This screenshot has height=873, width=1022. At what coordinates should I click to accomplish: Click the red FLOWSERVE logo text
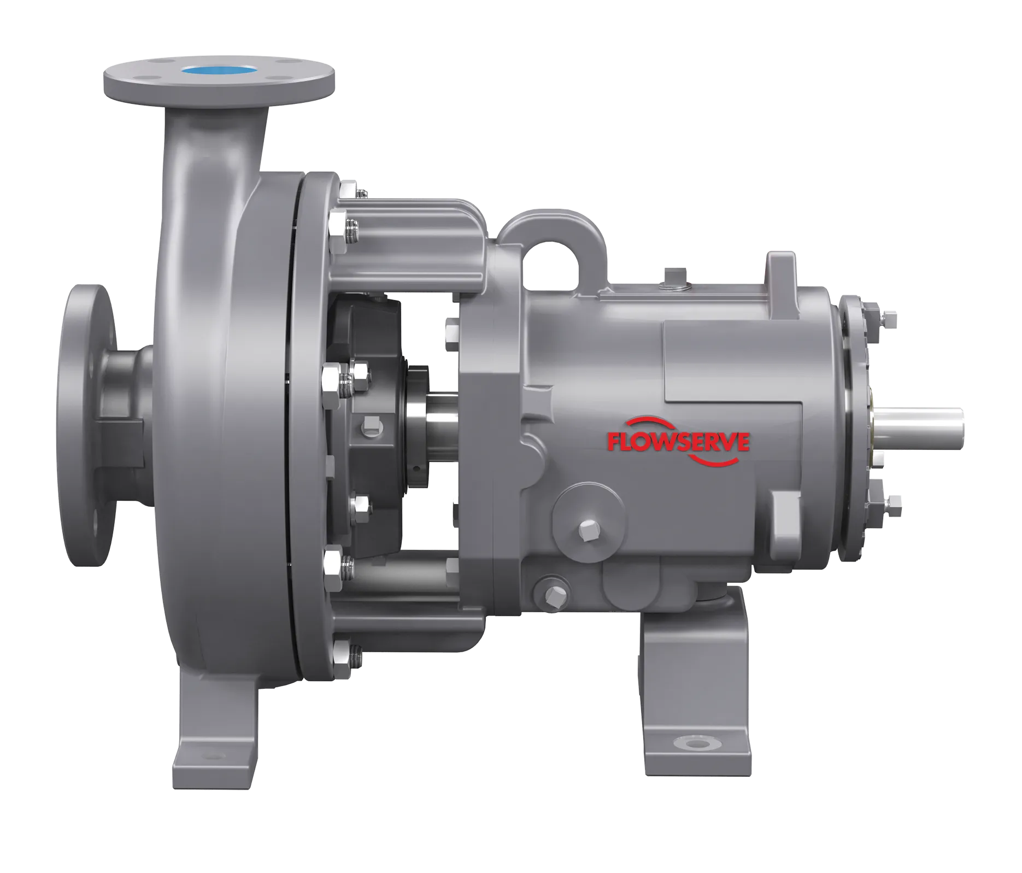pyautogui.click(x=678, y=442)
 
